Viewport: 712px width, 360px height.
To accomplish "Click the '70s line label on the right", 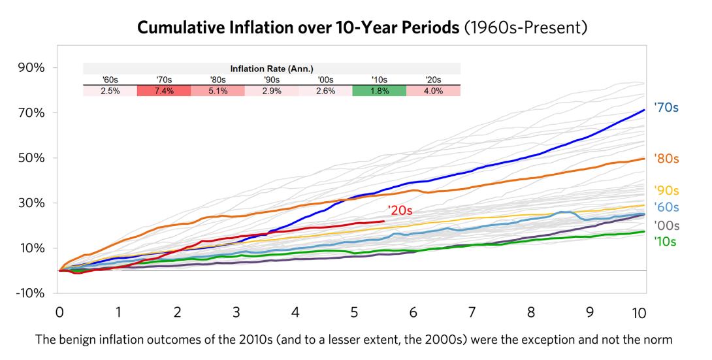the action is click(666, 108).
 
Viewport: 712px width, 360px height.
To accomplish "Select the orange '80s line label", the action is click(666, 158).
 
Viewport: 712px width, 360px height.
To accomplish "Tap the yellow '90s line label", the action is click(666, 191).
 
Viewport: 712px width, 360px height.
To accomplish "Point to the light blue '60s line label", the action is click(666, 208).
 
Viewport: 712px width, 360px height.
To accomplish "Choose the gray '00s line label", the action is click(666, 225).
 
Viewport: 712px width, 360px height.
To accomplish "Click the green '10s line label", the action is click(665, 242).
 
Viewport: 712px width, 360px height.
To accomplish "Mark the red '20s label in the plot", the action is click(400, 210).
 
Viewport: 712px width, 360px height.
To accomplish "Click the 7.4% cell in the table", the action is click(164, 91).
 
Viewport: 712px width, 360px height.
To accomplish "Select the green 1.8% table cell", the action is click(379, 91).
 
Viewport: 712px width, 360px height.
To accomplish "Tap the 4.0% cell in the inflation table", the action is click(433, 91).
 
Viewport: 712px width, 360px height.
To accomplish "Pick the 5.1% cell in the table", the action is click(218, 91).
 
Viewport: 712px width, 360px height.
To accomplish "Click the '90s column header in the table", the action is click(272, 80).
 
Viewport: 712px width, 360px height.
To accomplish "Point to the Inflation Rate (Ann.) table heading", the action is click(272, 69).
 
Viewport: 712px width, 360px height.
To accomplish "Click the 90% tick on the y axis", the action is click(31, 68).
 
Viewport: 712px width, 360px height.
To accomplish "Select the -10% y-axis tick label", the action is click(30, 293).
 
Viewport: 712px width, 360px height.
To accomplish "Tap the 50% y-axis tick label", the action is click(31, 158).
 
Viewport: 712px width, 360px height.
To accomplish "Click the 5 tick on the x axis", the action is click(354, 312).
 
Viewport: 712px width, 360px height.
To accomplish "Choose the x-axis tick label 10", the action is click(639, 312).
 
